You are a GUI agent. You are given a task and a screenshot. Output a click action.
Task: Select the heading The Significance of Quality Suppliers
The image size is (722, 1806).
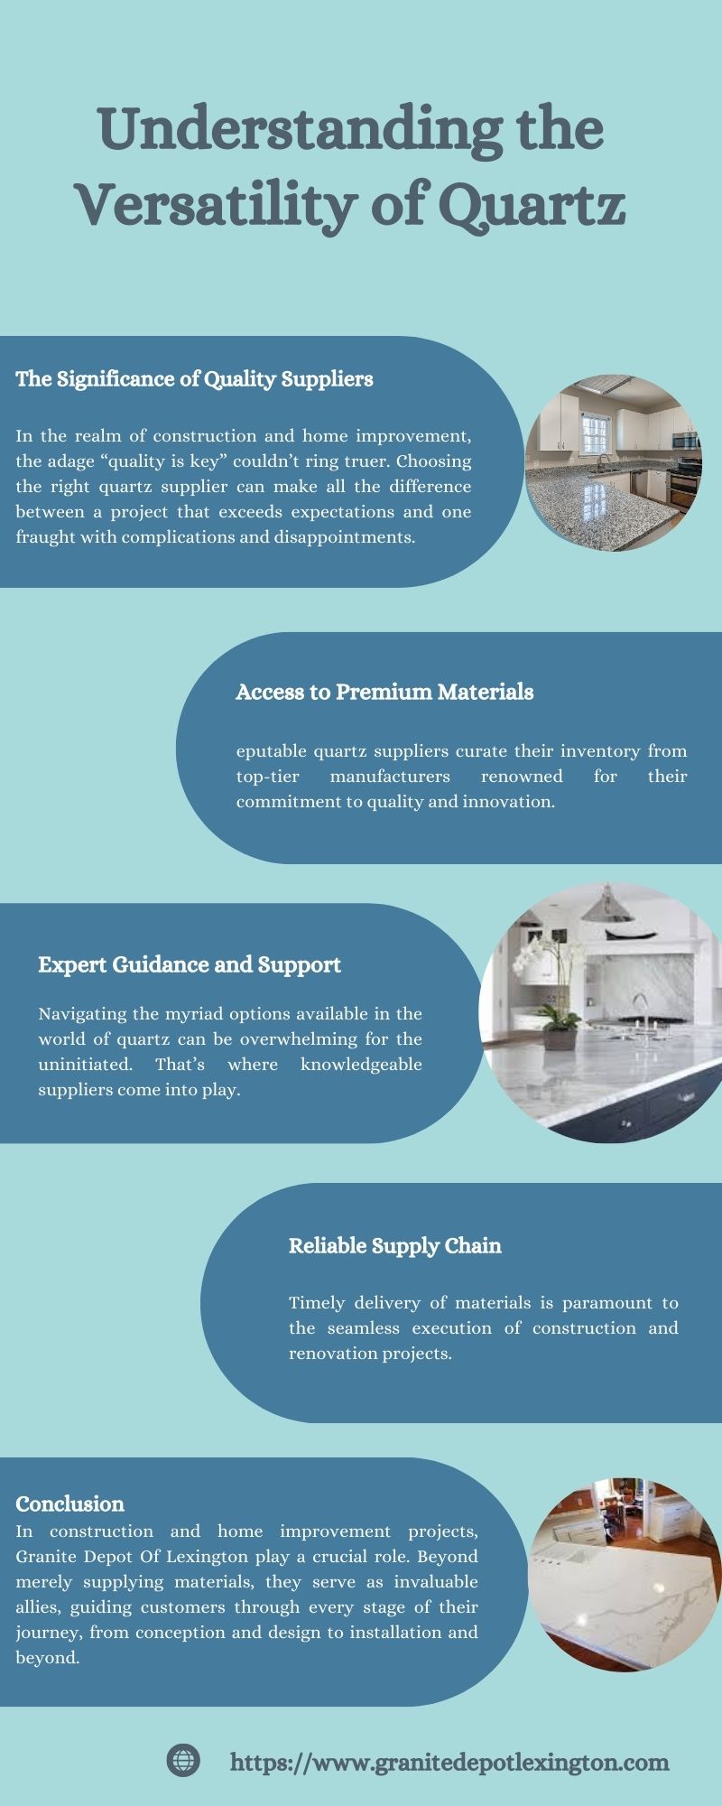pos(194,379)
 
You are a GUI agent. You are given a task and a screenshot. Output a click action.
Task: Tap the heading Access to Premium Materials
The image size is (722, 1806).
pos(384,692)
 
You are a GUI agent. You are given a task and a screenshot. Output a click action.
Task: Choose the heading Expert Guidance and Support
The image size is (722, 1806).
pos(190,965)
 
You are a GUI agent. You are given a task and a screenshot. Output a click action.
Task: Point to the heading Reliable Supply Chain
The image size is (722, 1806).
pos(395,1246)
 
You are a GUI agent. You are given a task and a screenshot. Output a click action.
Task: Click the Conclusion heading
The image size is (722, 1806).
pos(69,1503)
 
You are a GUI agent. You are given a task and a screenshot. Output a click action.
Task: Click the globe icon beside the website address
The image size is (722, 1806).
pos(183,1760)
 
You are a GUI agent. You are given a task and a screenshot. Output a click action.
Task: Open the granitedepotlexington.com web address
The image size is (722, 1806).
pos(450,1762)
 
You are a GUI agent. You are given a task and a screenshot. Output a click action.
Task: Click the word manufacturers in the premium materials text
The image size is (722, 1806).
pos(390,777)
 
